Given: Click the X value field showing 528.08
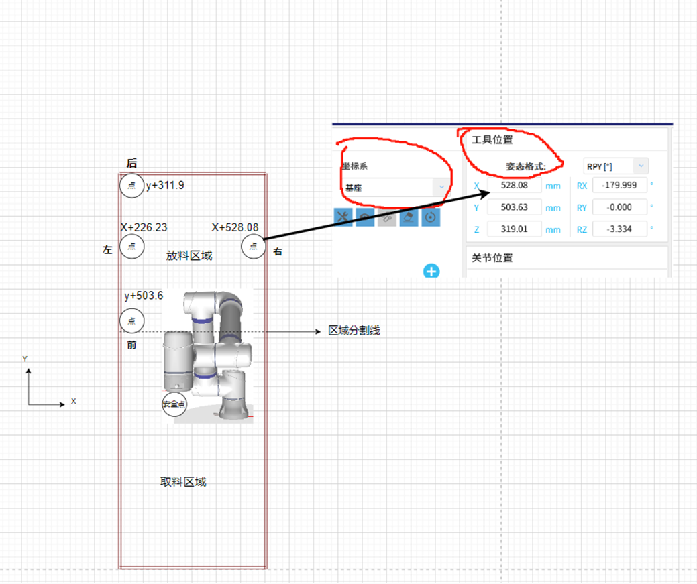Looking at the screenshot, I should pos(514,186).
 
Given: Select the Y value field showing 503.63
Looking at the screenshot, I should pos(514,208).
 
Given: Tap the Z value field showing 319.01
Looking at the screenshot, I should pos(514,229).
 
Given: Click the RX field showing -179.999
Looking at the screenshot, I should pos(621,186).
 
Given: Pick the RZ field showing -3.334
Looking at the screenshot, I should pos(621,229).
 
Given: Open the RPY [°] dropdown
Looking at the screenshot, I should pos(616,166).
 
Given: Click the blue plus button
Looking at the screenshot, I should pos(431,271).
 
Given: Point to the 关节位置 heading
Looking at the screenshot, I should pos(493,258).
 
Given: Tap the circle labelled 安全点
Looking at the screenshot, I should pos(174,404).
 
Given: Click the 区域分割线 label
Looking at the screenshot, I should pos(354,331).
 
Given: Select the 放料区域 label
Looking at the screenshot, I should pos(189,255).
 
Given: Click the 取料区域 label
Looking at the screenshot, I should pos(183,481).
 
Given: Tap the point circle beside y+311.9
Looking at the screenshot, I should pos(131,186).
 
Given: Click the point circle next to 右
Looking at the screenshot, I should pos(253,247).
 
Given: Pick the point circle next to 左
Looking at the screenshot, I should pos(131,247).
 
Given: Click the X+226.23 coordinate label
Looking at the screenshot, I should pos(144,227).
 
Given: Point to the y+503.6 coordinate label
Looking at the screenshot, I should pos(144,296).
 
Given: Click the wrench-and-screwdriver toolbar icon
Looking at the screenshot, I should pos(343,217).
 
